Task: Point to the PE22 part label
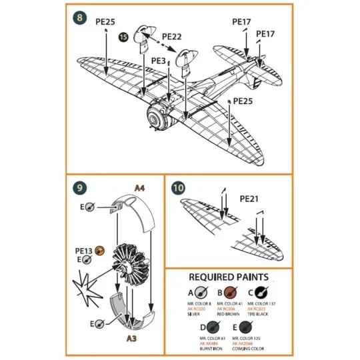(x=172, y=36)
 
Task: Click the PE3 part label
(x=158, y=61)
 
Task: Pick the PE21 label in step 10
(x=249, y=198)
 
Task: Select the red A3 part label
(x=133, y=338)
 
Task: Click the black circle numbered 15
(x=124, y=39)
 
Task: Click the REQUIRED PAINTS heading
(x=229, y=277)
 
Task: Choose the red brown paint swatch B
(x=232, y=292)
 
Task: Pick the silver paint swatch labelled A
(x=199, y=292)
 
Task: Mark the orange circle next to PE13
(x=100, y=250)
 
